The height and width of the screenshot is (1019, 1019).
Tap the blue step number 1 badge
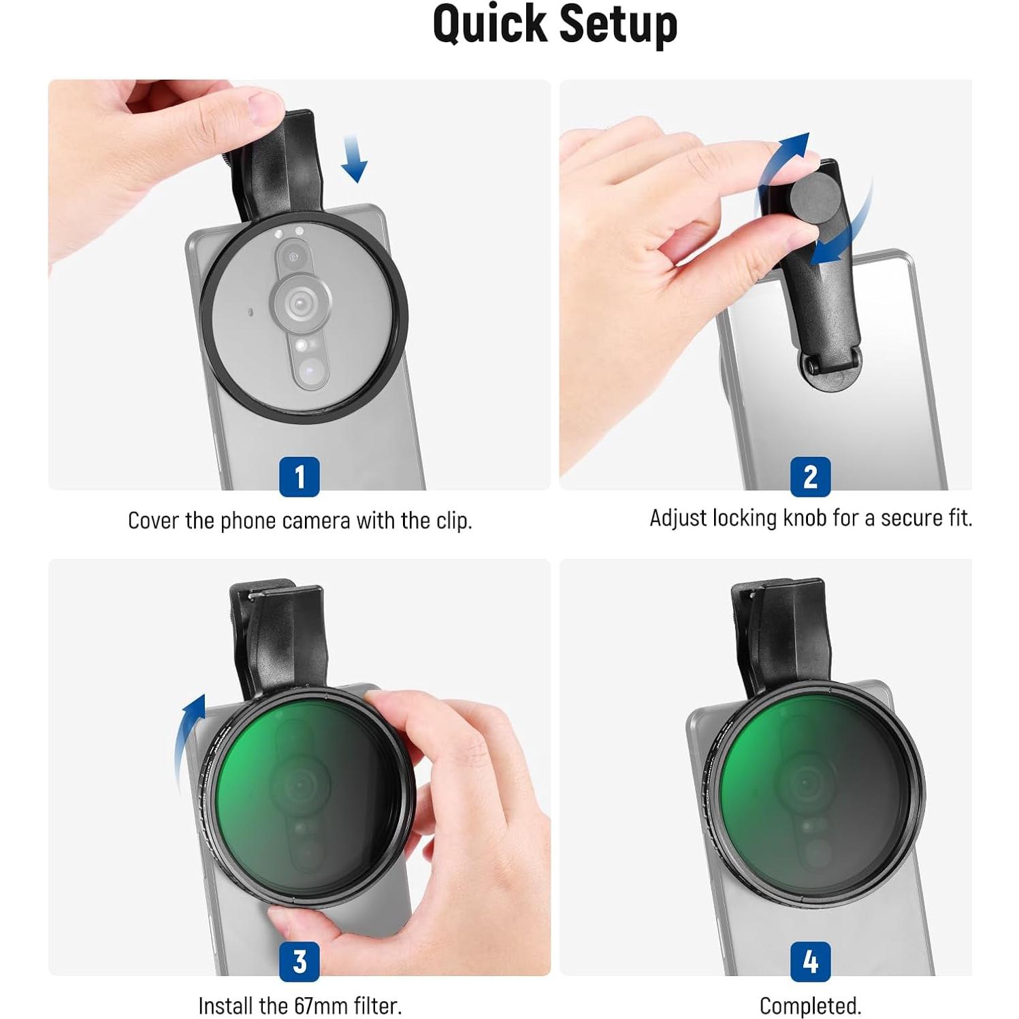tap(300, 476)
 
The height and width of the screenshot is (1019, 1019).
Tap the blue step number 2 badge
tap(810, 476)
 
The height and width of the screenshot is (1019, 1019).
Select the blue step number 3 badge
tap(300, 961)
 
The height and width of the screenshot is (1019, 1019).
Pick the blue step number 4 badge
tap(810, 961)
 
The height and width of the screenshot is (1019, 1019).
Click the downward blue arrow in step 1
tap(354, 158)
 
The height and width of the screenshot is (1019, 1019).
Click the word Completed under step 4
tap(810, 1005)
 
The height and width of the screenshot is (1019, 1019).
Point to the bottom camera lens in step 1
tap(310, 372)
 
